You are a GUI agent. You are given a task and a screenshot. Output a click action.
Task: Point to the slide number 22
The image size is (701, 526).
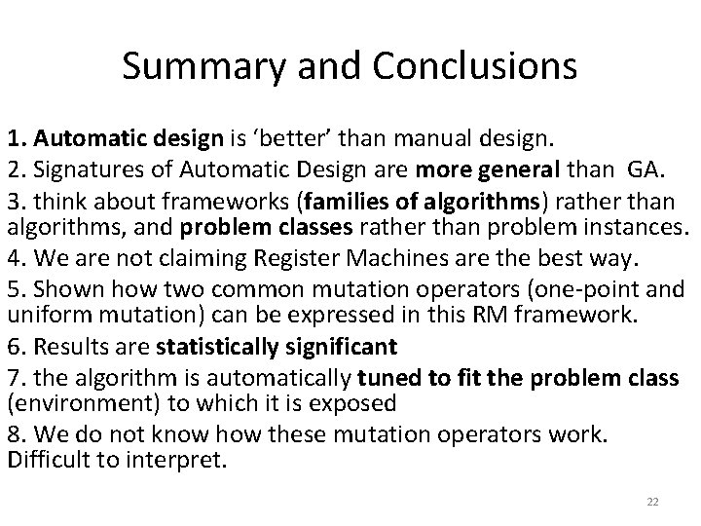[x=652, y=501]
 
